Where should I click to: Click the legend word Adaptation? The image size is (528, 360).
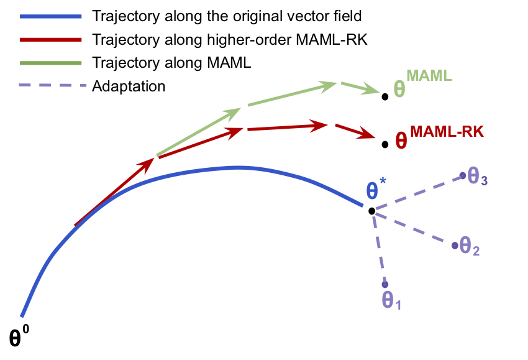(x=129, y=86)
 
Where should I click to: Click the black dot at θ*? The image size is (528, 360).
(x=371, y=211)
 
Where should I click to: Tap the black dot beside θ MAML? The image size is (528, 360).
(x=385, y=96)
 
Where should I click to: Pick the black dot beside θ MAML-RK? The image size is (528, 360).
(x=385, y=144)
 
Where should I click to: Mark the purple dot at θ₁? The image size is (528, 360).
(x=385, y=285)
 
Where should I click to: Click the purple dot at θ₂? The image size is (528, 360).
(x=455, y=246)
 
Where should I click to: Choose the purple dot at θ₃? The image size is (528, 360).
(x=462, y=176)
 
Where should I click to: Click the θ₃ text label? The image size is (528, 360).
(x=477, y=178)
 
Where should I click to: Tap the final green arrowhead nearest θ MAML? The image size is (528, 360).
(x=371, y=91)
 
